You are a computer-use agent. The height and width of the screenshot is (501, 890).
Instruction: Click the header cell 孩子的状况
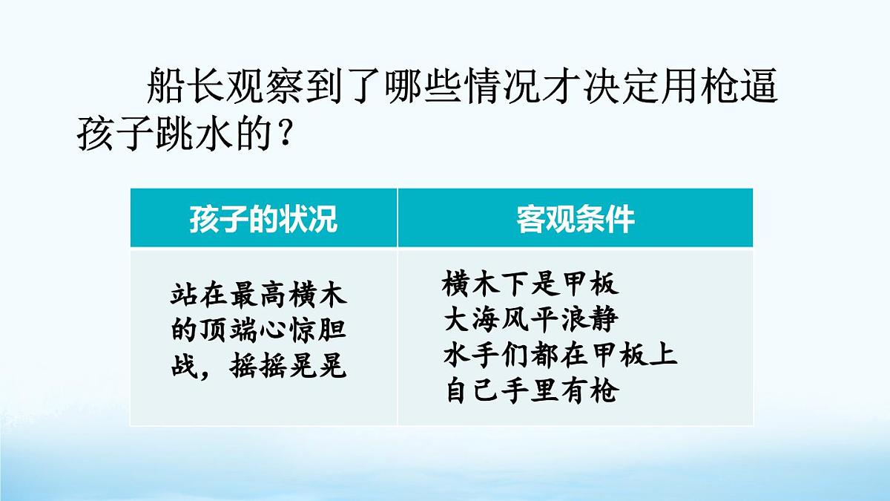click(x=263, y=219)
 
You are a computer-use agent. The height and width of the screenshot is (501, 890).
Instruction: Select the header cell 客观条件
click(x=576, y=219)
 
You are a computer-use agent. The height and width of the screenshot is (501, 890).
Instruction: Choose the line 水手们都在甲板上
click(x=560, y=355)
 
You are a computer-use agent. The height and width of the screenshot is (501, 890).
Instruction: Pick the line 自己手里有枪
click(x=530, y=390)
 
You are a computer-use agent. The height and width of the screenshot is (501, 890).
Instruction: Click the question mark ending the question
click(x=283, y=135)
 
